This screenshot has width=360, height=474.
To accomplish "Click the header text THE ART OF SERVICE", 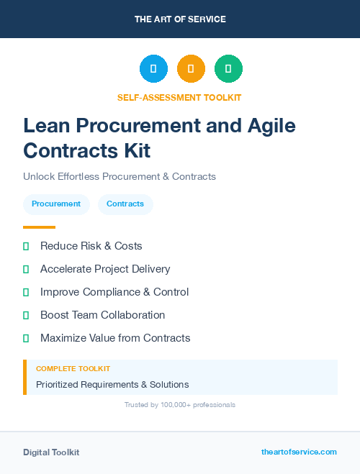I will point(180,19).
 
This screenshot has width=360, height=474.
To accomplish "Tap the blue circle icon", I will point(153,69).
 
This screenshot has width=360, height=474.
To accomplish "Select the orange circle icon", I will point(191,69).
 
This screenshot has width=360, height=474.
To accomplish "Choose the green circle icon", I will point(228,69).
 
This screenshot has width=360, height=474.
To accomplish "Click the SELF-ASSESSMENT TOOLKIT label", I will point(179,97).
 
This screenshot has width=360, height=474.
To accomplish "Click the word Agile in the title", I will point(268,125).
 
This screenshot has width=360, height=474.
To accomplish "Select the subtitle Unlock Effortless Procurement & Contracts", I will point(120,176).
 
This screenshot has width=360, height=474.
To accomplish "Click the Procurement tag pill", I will point(56,204).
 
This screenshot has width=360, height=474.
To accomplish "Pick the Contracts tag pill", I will point(125,204).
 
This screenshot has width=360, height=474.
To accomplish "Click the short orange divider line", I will point(39,227).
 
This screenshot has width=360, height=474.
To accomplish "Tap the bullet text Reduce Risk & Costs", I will point(91,246).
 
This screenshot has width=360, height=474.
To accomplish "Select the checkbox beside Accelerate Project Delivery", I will point(26,269).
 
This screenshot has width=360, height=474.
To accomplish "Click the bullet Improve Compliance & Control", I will point(114,292).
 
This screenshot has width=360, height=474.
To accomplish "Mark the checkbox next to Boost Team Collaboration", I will point(26,315).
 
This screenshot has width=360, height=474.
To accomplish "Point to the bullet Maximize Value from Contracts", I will point(115,338).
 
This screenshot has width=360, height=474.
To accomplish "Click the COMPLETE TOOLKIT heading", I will point(73,368).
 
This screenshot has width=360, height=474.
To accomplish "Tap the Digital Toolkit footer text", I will point(51,452).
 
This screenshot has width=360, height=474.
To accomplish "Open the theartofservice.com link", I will point(299,452).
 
